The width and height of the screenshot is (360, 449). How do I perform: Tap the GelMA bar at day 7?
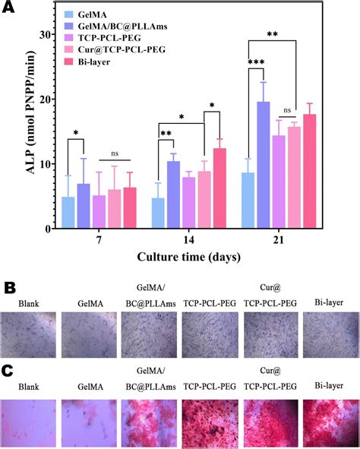pyautogui.click(x=68, y=213)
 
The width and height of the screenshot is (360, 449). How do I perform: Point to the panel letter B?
pyautogui.click(x=8, y=289)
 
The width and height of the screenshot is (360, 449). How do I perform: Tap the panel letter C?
pyautogui.click(x=8, y=372)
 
